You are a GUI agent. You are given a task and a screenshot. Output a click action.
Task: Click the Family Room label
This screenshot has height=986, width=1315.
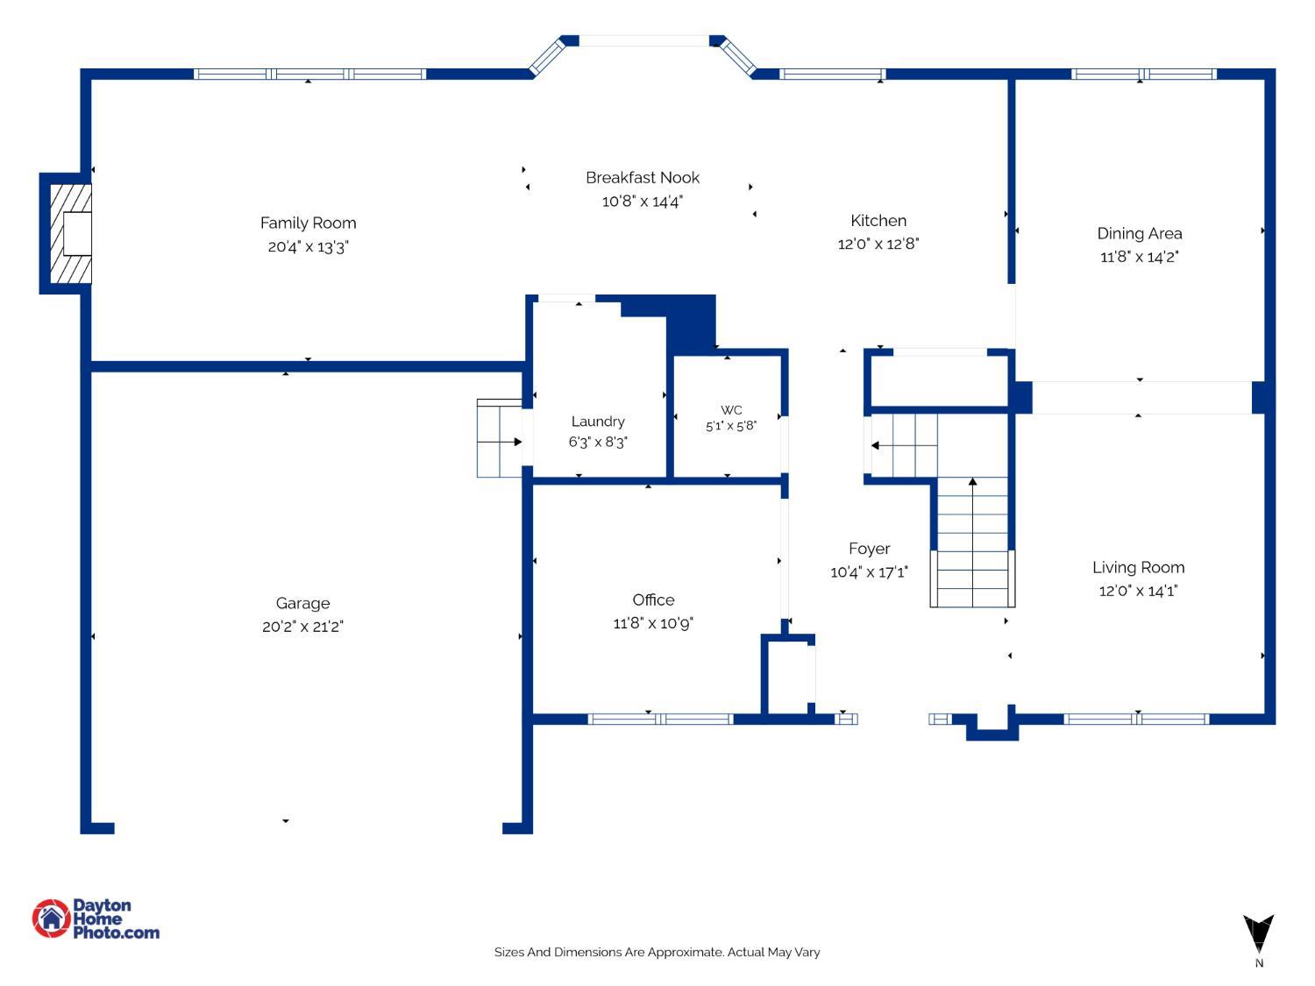tap(308, 223)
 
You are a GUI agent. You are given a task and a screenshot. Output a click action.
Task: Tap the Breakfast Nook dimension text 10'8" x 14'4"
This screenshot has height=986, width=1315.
tap(643, 202)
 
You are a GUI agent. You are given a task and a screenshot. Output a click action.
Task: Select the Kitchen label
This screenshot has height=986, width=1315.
tap(878, 220)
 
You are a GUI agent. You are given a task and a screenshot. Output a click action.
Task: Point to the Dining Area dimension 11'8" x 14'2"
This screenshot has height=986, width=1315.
tap(1139, 257)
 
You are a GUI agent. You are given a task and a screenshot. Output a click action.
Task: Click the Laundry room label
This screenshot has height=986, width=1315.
tap(598, 422)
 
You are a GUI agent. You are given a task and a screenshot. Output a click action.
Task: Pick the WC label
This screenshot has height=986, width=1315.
tap(731, 410)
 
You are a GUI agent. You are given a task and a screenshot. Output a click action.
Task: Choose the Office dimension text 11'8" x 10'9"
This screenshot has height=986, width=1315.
tap(653, 623)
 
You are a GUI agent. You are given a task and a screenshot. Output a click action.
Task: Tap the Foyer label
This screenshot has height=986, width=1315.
tap(870, 549)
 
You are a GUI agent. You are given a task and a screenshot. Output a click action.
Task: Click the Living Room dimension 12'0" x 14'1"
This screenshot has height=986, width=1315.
tap(1138, 591)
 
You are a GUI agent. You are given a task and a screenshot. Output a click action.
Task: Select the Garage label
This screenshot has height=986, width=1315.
tap(302, 603)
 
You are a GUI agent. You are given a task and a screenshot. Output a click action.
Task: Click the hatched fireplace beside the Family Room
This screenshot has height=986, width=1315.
tap(71, 233)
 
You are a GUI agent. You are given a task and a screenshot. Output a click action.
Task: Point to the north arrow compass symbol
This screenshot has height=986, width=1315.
tap(1258, 933)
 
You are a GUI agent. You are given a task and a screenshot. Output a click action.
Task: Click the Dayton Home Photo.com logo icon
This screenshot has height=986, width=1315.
tap(52, 919)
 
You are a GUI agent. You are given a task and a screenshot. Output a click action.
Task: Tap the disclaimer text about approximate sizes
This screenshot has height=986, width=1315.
tap(657, 952)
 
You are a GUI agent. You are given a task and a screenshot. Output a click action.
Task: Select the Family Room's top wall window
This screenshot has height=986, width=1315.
tap(309, 74)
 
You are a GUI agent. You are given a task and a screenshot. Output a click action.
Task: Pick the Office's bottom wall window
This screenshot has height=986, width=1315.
tap(661, 719)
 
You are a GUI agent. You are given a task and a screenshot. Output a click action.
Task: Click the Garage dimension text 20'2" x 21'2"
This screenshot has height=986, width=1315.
tap(302, 627)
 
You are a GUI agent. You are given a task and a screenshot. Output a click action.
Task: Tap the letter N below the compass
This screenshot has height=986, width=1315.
tap(1259, 963)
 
